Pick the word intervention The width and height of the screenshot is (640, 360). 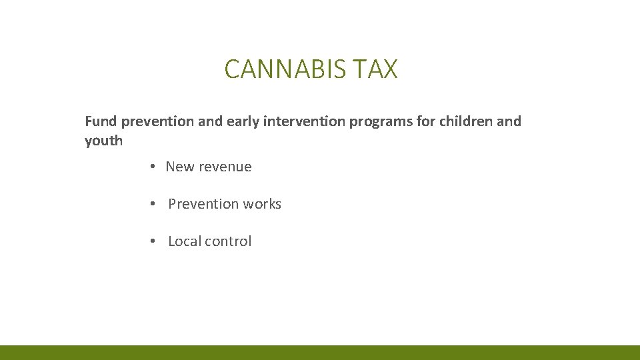coord(304,121)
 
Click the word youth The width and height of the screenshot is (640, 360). coord(104,141)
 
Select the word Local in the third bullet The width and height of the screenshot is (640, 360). coord(185,241)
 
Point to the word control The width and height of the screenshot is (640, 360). coord(229,241)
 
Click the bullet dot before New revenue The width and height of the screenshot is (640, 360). coord(153,167)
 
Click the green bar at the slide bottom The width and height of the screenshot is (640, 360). coord(320,353)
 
